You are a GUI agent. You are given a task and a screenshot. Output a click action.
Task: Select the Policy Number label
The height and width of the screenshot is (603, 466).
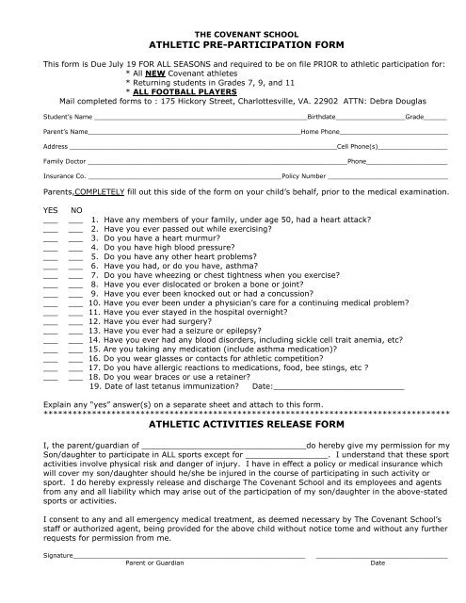coord(303,176)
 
